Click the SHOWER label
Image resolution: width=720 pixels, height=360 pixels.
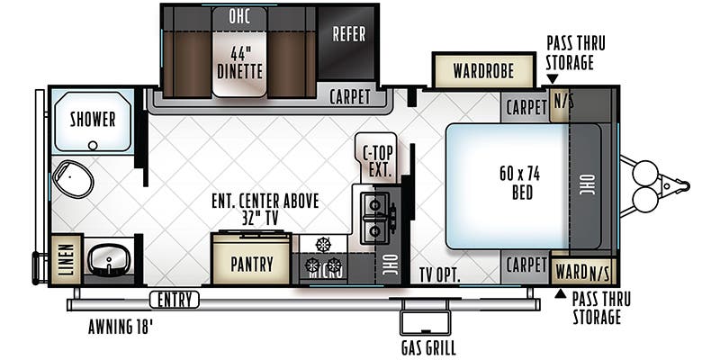93,120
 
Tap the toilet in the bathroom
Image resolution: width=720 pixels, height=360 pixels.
73,178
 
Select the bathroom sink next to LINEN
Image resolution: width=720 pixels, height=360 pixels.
108,259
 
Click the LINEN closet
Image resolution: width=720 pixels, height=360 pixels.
67,259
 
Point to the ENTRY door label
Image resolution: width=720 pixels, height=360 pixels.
175,300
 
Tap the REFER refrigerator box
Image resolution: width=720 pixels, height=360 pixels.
348,42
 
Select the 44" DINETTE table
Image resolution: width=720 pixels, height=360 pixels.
239,52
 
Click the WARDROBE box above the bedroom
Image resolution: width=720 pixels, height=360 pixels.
483,71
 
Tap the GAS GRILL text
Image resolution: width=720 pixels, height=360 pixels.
428,347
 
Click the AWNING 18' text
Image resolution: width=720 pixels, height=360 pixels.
121,327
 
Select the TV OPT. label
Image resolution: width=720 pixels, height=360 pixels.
439,274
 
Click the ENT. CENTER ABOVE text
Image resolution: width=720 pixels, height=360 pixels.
265,201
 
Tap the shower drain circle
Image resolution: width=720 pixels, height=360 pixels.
94,146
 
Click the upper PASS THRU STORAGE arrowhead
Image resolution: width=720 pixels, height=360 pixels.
553,79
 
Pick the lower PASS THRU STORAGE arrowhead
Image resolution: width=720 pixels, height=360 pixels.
560,293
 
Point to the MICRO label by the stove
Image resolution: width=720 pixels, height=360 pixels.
325,273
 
